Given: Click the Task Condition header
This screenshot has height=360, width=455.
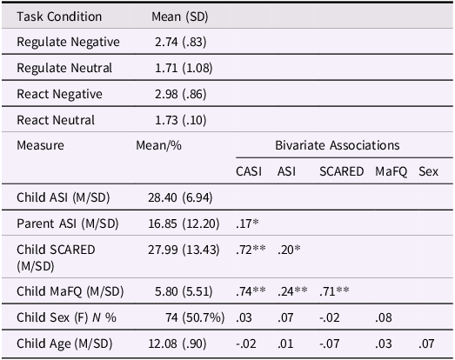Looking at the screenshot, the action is click(59, 17).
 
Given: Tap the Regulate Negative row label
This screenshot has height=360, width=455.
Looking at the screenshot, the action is click(68, 42).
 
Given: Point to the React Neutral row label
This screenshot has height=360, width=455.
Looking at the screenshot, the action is click(56, 120).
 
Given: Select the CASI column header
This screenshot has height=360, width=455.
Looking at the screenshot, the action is click(251, 171).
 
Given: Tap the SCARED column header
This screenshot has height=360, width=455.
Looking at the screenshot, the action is click(341, 171).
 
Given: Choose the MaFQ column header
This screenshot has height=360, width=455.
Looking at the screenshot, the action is click(391, 171).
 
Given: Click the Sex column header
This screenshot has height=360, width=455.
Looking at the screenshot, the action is click(428, 171).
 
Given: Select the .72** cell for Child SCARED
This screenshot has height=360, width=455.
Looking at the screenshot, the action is click(252, 250).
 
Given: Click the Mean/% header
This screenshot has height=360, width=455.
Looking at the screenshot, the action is click(159, 145).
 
